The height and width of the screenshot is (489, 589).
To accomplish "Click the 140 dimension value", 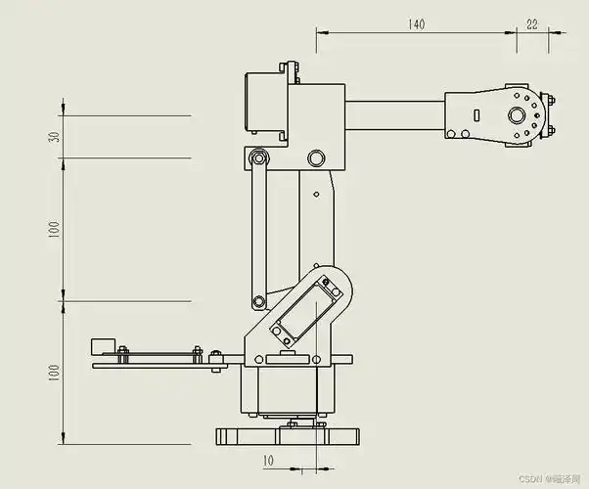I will pos(417,24).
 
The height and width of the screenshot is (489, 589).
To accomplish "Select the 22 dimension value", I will pos(532,24).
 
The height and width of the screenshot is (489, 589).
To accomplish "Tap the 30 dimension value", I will pos(55,136).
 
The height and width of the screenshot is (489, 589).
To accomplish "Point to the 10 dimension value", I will pos(269,458).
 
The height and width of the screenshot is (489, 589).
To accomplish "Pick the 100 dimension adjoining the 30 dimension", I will pos(55,228).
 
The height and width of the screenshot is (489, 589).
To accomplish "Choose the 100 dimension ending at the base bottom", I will pos(55,372).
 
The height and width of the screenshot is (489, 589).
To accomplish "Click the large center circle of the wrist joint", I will pos(515,115).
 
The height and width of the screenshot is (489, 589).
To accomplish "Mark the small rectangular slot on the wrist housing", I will pos(476,115).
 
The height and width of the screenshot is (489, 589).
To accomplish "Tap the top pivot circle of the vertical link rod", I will pos(258,157).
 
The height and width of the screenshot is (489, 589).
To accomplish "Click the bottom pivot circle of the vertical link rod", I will pos(258,300).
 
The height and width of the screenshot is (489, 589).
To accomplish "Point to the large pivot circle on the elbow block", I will pos(315,157).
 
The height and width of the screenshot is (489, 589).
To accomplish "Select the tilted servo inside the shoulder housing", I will pos(306,306).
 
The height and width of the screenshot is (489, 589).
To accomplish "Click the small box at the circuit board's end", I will pos(101,346).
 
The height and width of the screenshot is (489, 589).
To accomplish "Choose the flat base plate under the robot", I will pos(288,434).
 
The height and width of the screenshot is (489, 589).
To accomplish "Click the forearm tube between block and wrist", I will pos(394,115).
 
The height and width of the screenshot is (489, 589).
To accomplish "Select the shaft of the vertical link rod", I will pos(258,230).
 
